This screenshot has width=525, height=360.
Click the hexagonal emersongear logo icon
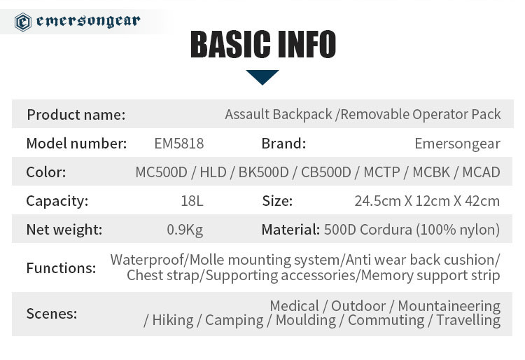pyautogui.click(x=23, y=22)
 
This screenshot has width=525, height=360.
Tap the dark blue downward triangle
pyautogui.click(x=262, y=77)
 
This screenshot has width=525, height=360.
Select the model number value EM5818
pyautogui.click(x=178, y=144)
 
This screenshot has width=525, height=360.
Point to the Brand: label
pyautogui.click(x=283, y=144)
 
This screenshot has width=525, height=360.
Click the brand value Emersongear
pyautogui.click(x=457, y=144)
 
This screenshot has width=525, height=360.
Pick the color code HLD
pyautogui.click(x=213, y=172)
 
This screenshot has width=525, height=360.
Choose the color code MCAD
pyautogui.click(x=481, y=172)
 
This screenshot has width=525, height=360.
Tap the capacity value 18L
pyautogui.click(x=192, y=201)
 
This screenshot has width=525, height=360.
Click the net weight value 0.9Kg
pyautogui.click(x=185, y=230)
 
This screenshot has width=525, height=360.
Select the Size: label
pyautogui.click(x=277, y=201)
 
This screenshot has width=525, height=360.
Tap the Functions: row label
pyautogui.click(x=61, y=268)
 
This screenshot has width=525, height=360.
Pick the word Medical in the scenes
pyautogui.click(x=294, y=306)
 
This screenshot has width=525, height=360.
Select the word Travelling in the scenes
pyautogui.click(x=468, y=321)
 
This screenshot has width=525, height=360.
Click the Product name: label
pyautogui.click(x=76, y=115)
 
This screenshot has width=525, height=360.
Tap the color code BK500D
pyautogui.click(x=263, y=172)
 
